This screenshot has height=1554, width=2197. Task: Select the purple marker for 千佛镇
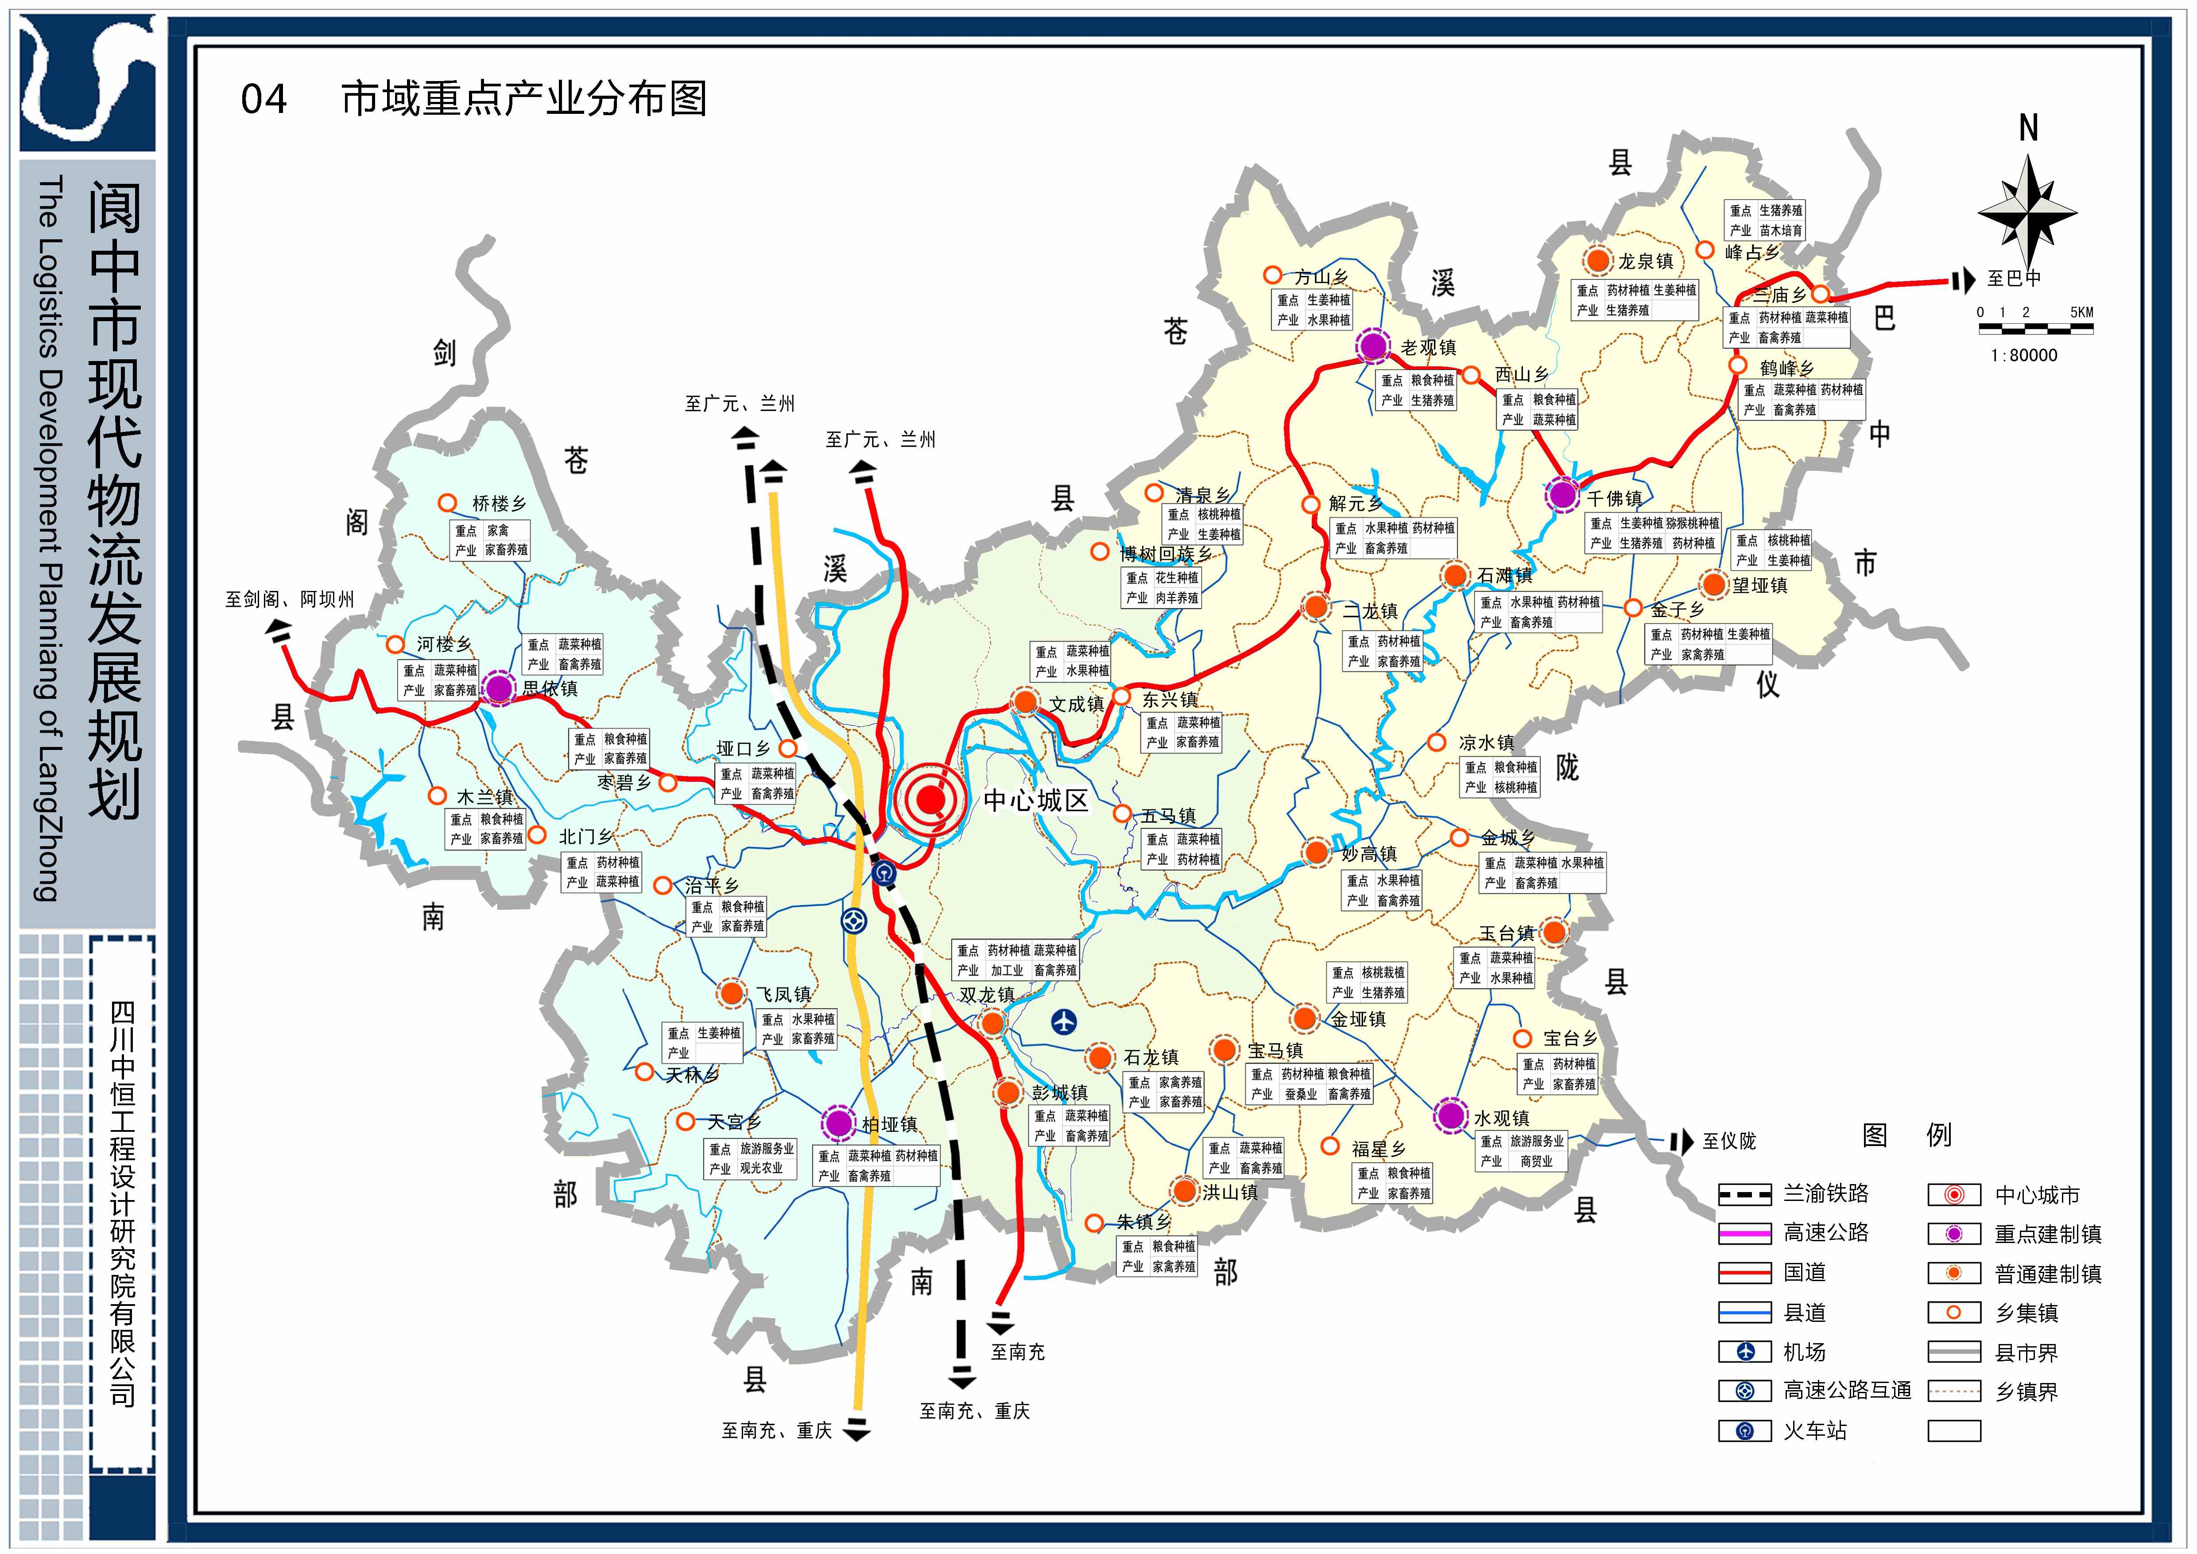pos(1562,495)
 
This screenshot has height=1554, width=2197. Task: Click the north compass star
pos(2027,211)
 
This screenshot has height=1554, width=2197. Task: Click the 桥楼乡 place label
pos(499,503)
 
